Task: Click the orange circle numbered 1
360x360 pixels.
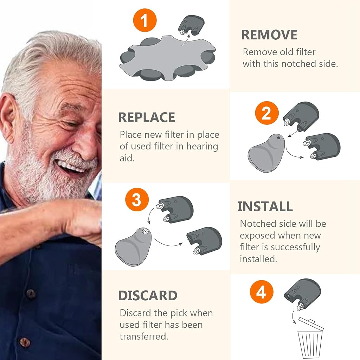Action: click(144, 20)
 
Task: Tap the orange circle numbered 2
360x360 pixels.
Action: click(267, 113)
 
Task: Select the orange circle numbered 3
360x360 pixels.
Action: click(137, 200)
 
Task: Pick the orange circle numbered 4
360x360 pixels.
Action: click(262, 292)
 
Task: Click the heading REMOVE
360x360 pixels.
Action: click(269, 35)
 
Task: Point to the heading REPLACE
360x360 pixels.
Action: click(147, 117)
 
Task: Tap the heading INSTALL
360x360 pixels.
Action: click(265, 206)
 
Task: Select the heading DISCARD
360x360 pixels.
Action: click(148, 295)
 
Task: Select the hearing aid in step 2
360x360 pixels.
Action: click(266, 153)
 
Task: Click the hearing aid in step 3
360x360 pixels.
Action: click(133, 247)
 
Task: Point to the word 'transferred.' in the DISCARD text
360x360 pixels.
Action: click(144, 336)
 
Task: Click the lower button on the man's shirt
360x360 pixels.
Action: click(25, 342)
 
